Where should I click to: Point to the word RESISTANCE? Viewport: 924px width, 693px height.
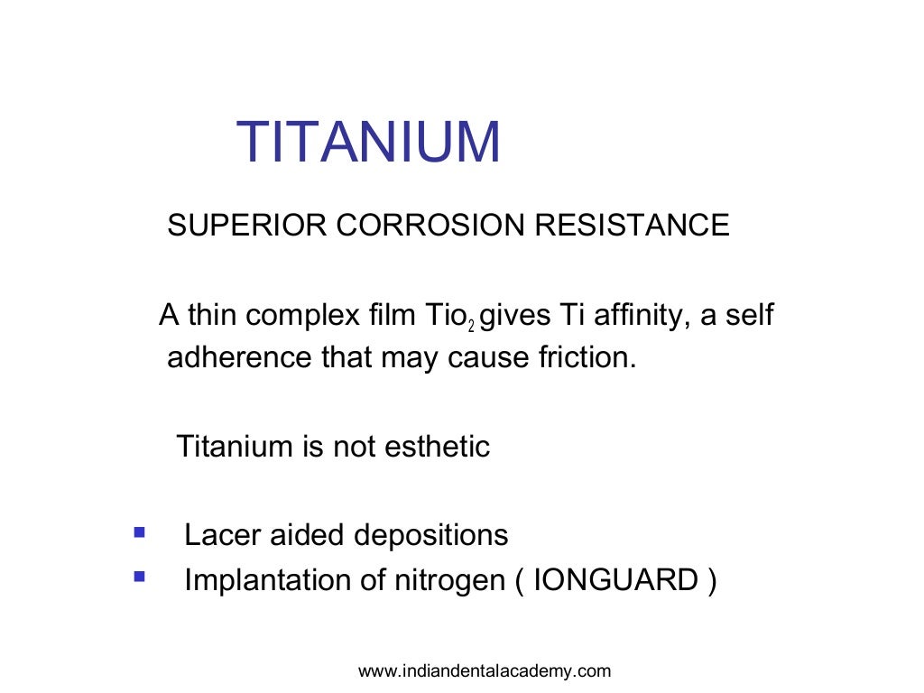tap(632, 225)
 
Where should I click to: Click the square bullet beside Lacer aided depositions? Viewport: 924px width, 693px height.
tap(139, 533)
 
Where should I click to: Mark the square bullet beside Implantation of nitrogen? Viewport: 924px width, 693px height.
tap(139, 575)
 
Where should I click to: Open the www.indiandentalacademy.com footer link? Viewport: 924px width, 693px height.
tap(485, 670)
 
